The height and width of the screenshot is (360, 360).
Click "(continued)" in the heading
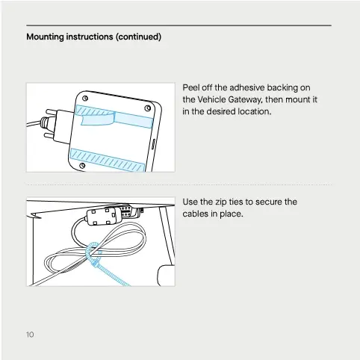(x=139, y=36)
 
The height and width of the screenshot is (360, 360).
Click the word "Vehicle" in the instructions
(x=212, y=99)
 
